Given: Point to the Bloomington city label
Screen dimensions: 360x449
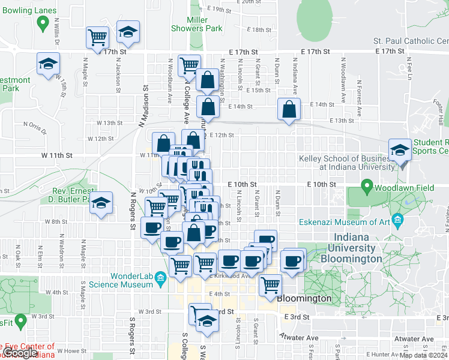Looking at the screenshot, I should pos(304,298).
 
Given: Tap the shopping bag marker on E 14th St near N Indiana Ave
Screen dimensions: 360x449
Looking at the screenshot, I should pos(289,110).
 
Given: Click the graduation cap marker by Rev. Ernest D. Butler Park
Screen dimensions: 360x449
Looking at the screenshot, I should pos(101,203).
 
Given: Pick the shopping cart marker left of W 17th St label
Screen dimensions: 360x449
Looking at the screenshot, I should pos(97,37).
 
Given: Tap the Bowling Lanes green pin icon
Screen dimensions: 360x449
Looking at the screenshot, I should pos(43,23).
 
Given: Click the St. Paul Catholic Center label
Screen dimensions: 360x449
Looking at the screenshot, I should pos(411,41).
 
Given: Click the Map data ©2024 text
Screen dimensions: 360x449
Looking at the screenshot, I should pos(423,355).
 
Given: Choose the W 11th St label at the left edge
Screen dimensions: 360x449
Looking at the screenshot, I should pos(57,155).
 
